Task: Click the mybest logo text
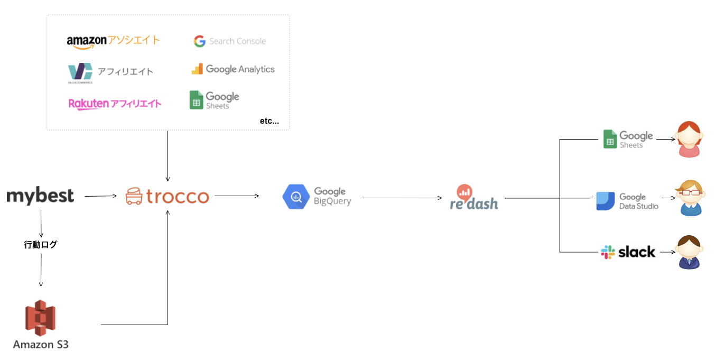click(x=40, y=196)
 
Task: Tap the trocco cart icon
click(x=134, y=197)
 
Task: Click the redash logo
click(x=474, y=198)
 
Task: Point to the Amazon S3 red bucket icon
click(x=41, y=318)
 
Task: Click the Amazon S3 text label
click(x=41, y=345)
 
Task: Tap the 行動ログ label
click(x=41, y=245)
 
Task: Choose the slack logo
click(x=628, y=252)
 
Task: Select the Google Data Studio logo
click(x=627, y=201)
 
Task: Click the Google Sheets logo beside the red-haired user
click(x=628, y=140)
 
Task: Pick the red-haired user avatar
click(x=689, y=140)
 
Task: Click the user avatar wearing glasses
click(x=690, y=198)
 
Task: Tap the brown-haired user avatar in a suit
click(x=689, y=252)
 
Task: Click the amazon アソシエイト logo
click(x=113, y=41)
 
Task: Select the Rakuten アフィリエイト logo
click(x=115, y=103)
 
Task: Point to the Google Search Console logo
click(x=229, y=41)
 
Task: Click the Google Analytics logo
click(x=233, y=69)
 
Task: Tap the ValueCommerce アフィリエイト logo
click(x=110, y=72)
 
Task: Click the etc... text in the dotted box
click(x=269, y=121)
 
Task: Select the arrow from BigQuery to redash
click(x=402, y=198)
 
